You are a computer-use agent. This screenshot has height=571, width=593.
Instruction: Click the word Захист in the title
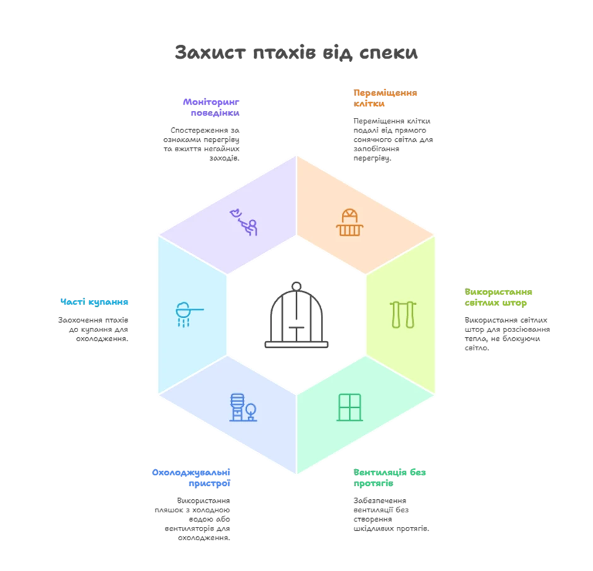[210, 52]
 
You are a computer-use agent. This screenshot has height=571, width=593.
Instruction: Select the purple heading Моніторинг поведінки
[211, 107]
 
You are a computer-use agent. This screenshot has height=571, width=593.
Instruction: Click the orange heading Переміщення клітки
[385, 98]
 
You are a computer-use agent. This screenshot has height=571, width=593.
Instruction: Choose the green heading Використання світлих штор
[498, 297]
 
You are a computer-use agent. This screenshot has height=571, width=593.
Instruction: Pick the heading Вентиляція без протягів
[389, 478]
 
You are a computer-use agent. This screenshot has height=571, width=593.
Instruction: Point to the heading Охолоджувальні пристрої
[191, 478]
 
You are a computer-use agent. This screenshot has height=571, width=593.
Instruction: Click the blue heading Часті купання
[94, 302]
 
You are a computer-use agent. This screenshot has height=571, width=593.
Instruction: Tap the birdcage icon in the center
[296, 314]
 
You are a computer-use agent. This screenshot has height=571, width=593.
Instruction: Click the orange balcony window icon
[349, 222]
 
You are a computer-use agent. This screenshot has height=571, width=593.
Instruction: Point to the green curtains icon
[402, 314]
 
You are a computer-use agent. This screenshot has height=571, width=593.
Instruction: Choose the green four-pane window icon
[350, 407]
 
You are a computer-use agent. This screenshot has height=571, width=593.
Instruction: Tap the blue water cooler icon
[243, 407]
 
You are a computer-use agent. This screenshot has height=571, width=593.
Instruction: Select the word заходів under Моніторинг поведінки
[224, 158]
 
